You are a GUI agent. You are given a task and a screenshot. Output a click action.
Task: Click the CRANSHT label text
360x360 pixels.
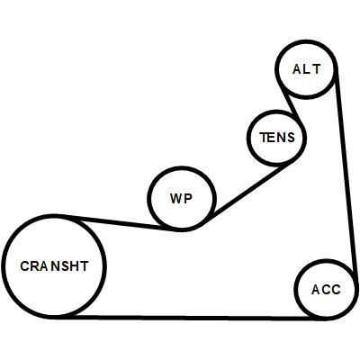tap(54, 266)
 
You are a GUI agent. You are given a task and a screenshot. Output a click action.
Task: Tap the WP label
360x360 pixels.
tap(181, 198)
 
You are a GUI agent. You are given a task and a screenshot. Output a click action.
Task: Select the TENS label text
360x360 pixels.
tap(277, 138)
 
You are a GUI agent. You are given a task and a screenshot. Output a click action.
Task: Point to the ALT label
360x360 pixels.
tap(307, 69)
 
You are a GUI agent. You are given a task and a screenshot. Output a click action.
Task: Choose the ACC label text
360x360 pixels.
tap(326, 290)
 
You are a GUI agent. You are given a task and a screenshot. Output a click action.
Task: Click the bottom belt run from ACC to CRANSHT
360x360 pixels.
tap(189, 318)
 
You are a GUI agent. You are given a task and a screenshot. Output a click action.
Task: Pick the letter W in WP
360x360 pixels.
tap(176, 198)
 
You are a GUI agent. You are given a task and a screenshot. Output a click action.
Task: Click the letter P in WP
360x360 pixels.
tap(188, 198)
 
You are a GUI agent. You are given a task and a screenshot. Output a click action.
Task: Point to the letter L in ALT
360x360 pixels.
tap(307, 69)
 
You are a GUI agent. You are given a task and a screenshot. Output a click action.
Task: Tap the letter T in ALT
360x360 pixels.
tap(316, 69)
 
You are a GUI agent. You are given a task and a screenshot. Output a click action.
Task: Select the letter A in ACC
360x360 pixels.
tap(316, 290)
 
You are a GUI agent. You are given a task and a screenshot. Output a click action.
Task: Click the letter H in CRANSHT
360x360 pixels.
tap(74, 266)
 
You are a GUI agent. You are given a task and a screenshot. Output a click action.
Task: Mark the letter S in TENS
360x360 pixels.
tap(291, 138)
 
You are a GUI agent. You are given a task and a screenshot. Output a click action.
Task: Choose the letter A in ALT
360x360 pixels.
tap(297, 69)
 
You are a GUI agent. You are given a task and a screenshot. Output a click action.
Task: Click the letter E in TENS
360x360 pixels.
tap(272, 138)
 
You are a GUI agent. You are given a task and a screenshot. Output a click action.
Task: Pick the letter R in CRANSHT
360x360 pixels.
tap(34, 266)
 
